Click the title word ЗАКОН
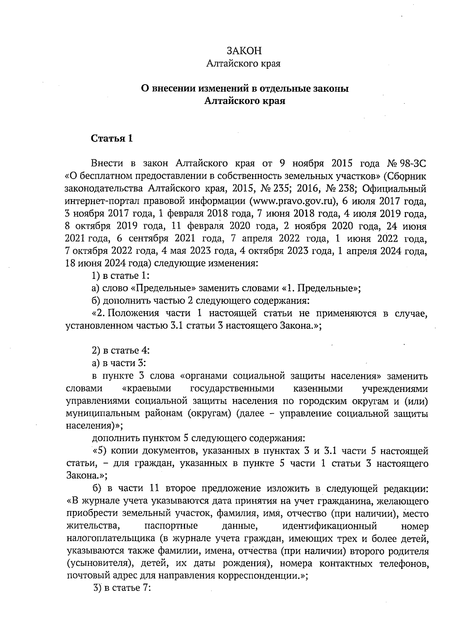244,51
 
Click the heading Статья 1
112,138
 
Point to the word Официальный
395,189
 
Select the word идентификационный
329,526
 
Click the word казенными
318,389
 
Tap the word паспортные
171,526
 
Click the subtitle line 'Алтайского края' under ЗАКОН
243,64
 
